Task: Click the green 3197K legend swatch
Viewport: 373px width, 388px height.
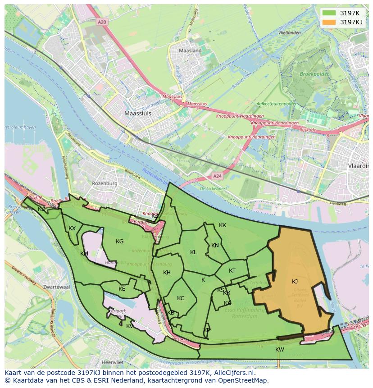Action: point(329,13)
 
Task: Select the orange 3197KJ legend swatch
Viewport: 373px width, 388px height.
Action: point(329,22)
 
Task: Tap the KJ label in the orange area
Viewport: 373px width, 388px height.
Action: point(295,282)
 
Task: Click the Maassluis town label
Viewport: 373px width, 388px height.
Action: point(138,114)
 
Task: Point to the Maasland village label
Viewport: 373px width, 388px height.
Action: point(190,51)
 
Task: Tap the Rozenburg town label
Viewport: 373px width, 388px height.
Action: point(105,183)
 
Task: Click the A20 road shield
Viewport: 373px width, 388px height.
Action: point(103,21)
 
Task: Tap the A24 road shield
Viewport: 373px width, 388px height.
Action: point(218,176)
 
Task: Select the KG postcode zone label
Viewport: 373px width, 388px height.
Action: point(119,242)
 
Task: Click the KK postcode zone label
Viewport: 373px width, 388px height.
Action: point(223,225)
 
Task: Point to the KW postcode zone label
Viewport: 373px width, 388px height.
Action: point(280,350)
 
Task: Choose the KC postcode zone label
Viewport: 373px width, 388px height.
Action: point(181,298)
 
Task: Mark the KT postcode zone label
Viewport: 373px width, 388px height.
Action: point(232,271)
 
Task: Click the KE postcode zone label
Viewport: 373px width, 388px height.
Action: point(122,289)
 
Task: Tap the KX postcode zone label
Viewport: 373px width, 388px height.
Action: point(72,228)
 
